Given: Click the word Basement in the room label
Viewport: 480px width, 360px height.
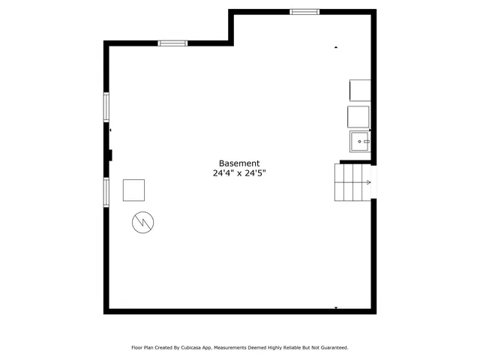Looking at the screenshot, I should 239,163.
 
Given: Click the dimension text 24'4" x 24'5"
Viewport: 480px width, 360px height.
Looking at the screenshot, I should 239,173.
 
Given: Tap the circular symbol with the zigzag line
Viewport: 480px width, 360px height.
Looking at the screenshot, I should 142,222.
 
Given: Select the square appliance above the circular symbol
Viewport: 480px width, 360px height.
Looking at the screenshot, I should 134,190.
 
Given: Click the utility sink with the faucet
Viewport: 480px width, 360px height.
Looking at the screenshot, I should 359,141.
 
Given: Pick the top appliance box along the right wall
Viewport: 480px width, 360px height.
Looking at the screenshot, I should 360,90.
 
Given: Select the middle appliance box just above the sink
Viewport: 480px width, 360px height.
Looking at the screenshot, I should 358,117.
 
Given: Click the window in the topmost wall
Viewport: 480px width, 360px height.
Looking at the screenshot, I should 304,12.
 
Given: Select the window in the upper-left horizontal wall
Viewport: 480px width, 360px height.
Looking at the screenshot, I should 172,43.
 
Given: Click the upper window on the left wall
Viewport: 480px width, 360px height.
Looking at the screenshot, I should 106,106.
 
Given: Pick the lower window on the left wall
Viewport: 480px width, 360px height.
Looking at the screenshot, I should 106,191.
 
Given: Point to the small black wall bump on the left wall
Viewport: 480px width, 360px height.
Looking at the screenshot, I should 109,155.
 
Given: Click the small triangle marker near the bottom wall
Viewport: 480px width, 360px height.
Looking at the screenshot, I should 336,307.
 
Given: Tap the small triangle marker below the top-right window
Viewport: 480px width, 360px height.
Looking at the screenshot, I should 336,47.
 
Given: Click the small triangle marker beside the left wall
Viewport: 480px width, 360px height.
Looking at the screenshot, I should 111,130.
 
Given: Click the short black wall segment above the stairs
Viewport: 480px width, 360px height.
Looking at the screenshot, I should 355,161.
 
